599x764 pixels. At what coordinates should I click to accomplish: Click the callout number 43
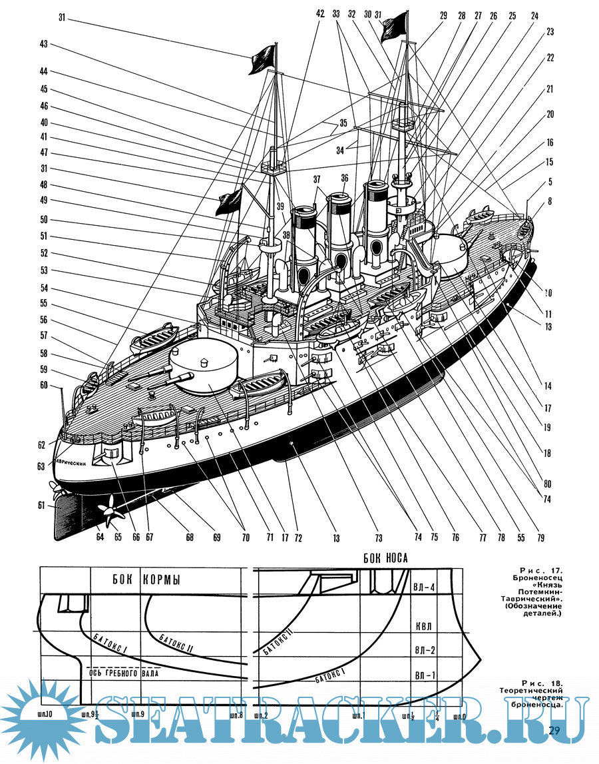click(43, 44)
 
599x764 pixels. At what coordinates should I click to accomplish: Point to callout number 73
click(377, 537)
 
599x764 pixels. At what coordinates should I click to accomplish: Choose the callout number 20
click(550, 114)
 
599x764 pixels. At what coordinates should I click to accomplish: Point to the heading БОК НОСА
click(385, 558)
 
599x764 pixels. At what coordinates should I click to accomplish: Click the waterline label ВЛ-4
click(424, 587)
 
